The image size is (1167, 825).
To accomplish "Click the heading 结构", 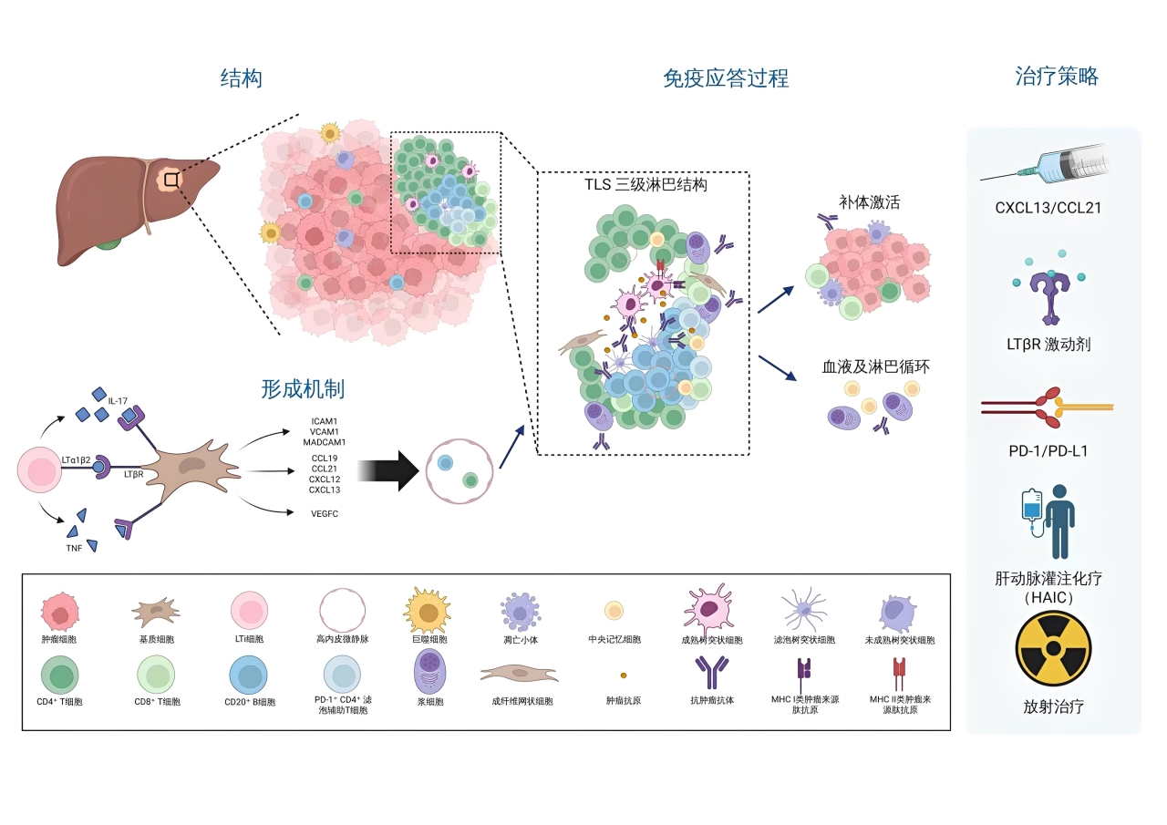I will [242, 78].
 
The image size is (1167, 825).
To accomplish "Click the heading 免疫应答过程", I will [726, 78].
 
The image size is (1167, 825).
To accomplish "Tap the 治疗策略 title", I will [1057, 77].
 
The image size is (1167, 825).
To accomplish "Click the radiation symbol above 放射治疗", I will [1053, 648].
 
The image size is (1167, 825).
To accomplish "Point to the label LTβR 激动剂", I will [1053, 345].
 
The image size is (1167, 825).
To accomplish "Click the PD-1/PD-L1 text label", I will [1053, 450].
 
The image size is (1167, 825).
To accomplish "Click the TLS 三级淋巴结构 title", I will [645, 184].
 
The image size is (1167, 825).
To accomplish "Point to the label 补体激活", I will [869, 202].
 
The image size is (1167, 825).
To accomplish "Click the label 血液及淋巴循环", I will [876, 368].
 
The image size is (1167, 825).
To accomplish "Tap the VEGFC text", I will [325, 513].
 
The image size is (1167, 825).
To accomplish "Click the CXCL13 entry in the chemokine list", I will [325, 490].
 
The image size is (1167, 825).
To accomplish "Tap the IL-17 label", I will [117, 401].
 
